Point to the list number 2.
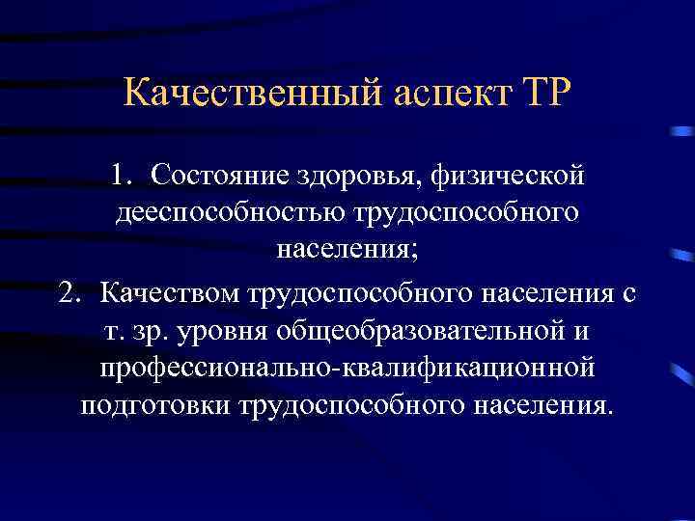click(69, 291)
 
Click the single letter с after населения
click(629, 291)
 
